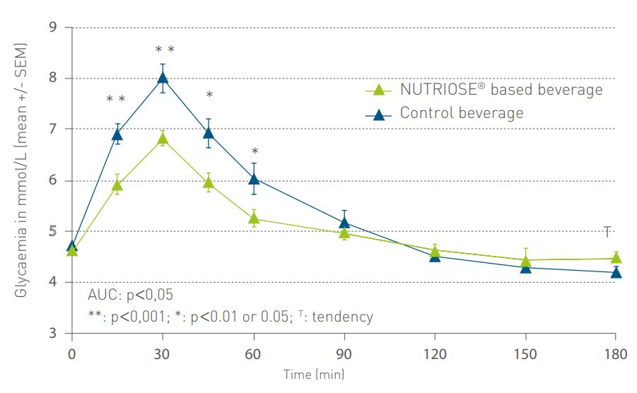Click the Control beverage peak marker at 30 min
pyautogui.click(x=163, y=78)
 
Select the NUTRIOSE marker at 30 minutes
pyautogui.click(x=163, y=137)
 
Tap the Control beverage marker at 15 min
pyautogui.click(x=117, y=134)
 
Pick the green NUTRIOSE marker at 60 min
pyautogui.click(x=253, y=218)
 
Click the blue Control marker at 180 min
pyautogui.click(x=616, y=273)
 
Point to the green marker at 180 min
pyautogui.click(x=616, y=258)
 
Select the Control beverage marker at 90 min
pyautogui.click(x=344, y=223)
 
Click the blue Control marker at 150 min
pyautogui.click(x=525, y=267)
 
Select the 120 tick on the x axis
pyautogui.click(x=435, y=353)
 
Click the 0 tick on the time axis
pyautogui.click(x=71, y=353)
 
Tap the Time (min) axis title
pyautogui.click(x=314, y=374)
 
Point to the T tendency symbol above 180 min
pyautogui.click(x=607, y=231)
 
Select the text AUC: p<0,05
pyautogui.click(x=130, y=295)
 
